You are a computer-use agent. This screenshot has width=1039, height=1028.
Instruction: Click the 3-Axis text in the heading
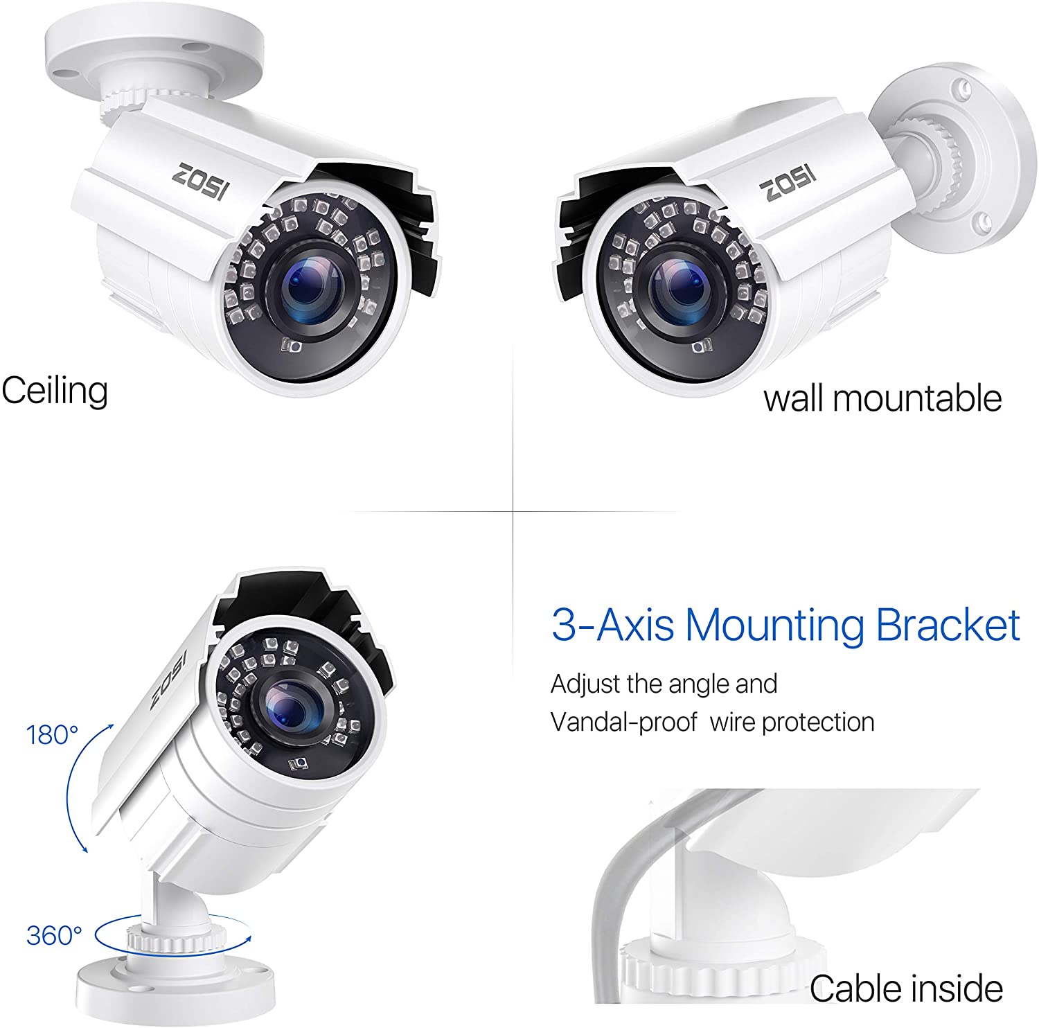tap(613, 625)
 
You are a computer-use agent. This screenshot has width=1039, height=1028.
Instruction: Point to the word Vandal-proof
tap(624, 723)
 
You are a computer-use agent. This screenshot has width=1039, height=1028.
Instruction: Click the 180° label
tap(53, 734)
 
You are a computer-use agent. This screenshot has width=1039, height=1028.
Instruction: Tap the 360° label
tap(54, 935)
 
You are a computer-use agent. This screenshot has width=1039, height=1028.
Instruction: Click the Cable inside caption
tap(906, 988)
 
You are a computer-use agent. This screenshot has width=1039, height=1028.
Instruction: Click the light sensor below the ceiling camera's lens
tap(292, 345)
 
